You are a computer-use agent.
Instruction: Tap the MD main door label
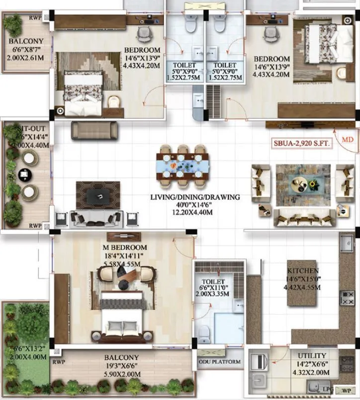pos(348,140)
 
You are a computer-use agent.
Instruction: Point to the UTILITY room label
pos(312,356)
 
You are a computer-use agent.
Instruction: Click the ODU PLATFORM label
pos(219,362)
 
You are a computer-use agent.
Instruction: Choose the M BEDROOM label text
pos(125,247)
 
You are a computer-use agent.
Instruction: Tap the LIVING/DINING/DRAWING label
pos(195,197)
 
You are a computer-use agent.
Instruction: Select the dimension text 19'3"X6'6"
pos(121,365)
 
